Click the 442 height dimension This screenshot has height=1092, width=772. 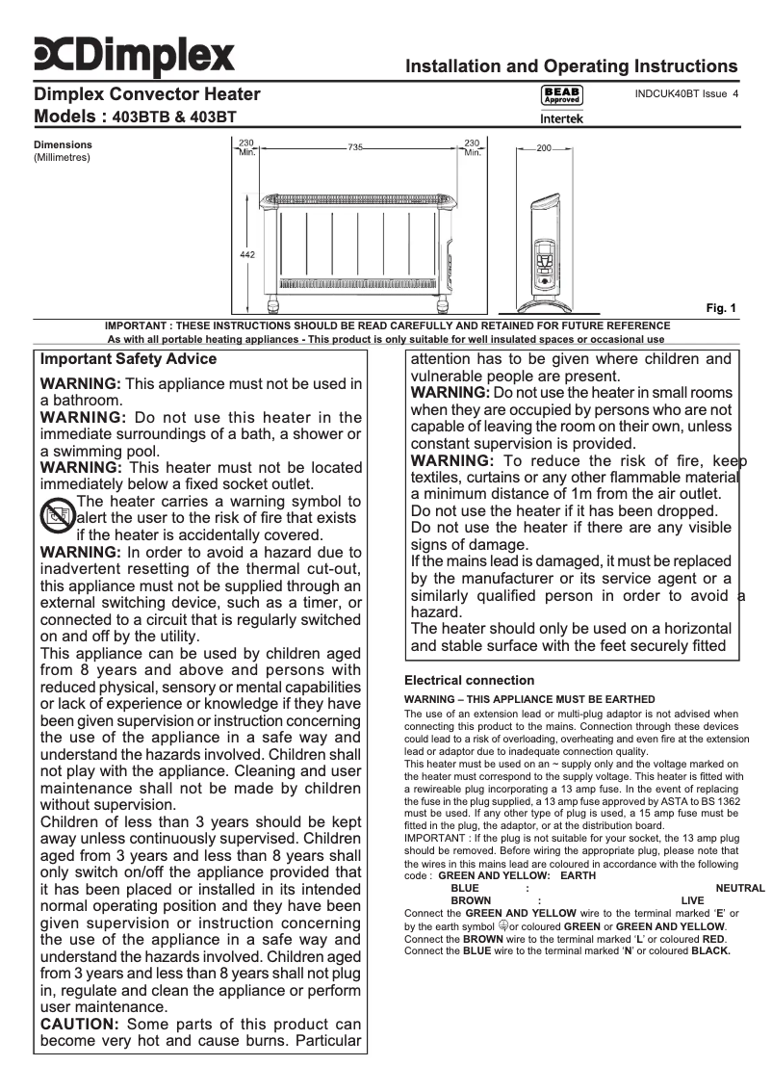[x=246, y=253]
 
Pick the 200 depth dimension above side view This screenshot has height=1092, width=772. [x=544, y=149]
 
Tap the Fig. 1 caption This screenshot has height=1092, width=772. [x=721, y=308]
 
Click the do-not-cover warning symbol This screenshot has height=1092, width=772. [x=56, y=518]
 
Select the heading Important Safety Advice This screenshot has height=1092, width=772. [x=128, y=359]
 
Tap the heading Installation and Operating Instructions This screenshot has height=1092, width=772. [x=572, y=66]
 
